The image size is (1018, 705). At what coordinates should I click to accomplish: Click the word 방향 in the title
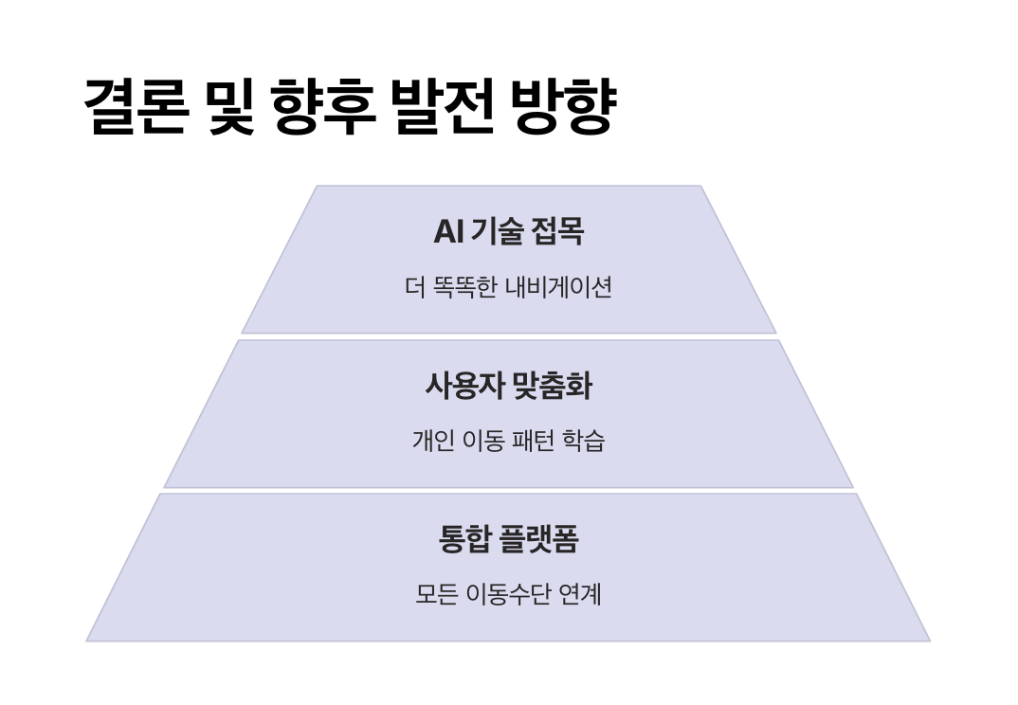coord(564,106)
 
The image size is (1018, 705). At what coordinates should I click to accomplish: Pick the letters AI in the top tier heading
coord(447,232)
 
